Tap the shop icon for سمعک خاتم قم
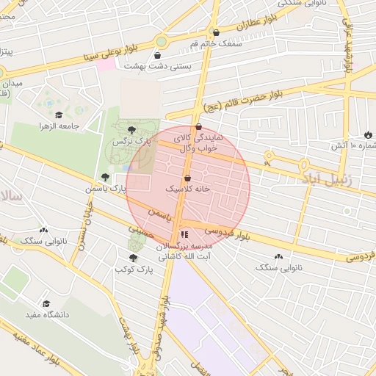coord(216,32)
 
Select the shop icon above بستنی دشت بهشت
coord(160,55)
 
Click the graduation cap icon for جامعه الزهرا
coord(59,115)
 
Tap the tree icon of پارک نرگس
coord(131,129)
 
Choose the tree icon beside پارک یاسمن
coord(106,177)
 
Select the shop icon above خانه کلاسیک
coord(187,178)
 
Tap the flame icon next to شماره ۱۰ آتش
coord(367,135)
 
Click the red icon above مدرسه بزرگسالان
coord(184,235)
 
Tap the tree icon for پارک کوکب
coord(133,258)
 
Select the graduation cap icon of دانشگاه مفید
coord(46,303)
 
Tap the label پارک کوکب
coord(133,270)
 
